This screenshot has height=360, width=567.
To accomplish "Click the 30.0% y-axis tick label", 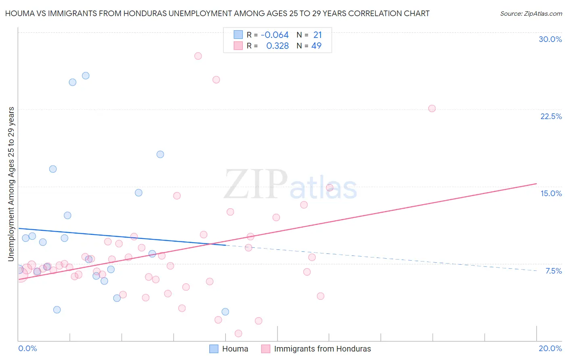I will tap(550, 39).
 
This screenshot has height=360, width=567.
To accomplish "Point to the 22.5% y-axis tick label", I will tap(551, 116).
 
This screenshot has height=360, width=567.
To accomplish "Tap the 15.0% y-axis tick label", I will tap(551, 193).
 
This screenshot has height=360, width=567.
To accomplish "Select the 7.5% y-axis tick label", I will tap(553, 271).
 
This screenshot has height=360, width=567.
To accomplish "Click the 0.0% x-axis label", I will tap(27, 348).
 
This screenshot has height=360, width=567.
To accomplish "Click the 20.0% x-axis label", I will tap(550, 348).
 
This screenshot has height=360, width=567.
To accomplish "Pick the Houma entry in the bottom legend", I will tap(229, 349).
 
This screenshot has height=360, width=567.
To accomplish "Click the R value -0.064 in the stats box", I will tap(275, 35).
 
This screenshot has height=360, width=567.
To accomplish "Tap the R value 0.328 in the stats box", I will tap(277, 46).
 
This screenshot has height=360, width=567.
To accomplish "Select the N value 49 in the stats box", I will tap(316, 46).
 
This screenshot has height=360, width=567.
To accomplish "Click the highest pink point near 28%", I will tap(198, 56).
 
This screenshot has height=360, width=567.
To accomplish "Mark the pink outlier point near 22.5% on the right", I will tap(432, 109).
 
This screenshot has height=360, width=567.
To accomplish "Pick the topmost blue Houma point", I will tap(85, 76).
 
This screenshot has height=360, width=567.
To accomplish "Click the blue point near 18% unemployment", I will tap(160, 154).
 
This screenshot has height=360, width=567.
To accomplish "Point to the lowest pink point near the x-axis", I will tap(238, 333).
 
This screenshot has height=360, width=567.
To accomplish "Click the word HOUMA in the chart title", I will tap(20, 13).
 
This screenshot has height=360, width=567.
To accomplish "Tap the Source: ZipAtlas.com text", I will tap(531, 13).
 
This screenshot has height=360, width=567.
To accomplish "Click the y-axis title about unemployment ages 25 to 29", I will tap(11, 184).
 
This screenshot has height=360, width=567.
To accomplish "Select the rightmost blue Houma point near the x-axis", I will tap(225, 312).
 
